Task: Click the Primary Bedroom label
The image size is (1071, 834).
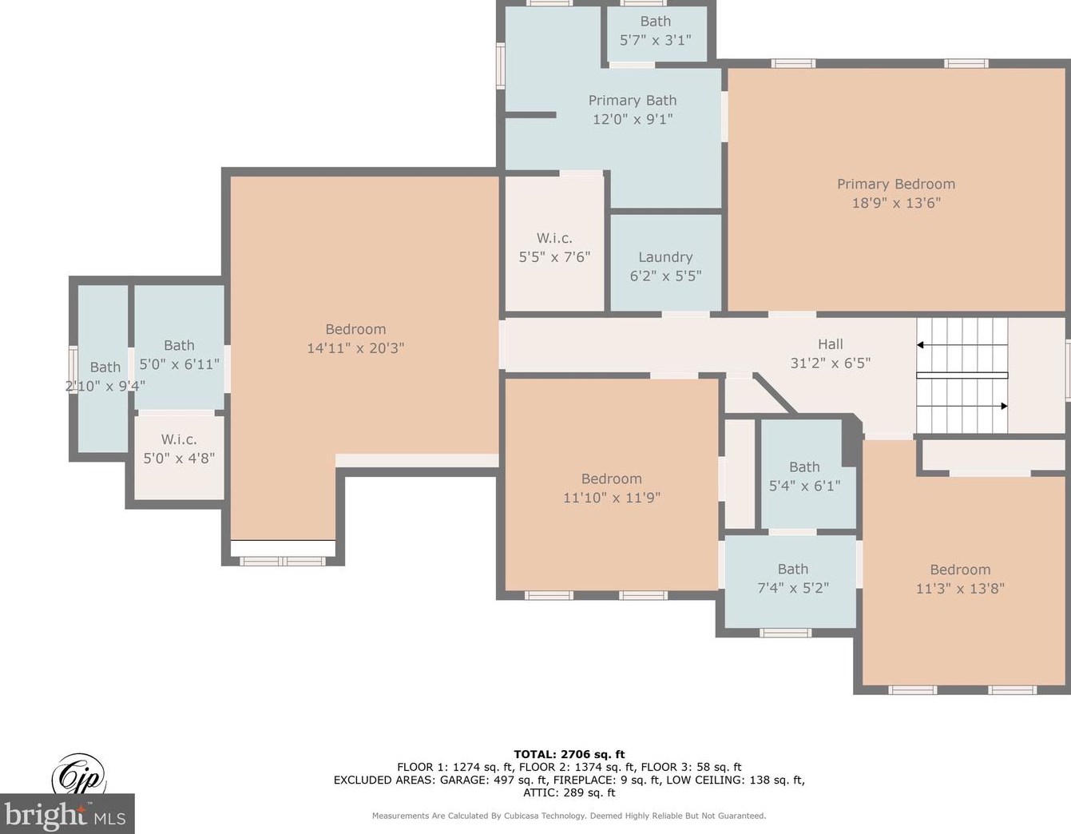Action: (x=896, y=185)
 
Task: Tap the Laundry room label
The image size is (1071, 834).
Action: (x=665, y=257)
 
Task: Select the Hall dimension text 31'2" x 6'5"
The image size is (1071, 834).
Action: (x=831, y=363)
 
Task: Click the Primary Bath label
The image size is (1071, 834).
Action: (x=633, y=101)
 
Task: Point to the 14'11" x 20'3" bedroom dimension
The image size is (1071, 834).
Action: (x=355, y=348)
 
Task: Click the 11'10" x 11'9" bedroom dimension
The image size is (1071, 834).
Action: (x=612, y=498)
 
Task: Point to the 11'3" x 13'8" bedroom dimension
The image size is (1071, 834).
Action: (x=960, y=589)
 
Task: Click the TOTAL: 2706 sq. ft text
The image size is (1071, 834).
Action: (x=569, y=755)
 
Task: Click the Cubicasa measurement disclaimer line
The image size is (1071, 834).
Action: (x=569, y=816)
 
